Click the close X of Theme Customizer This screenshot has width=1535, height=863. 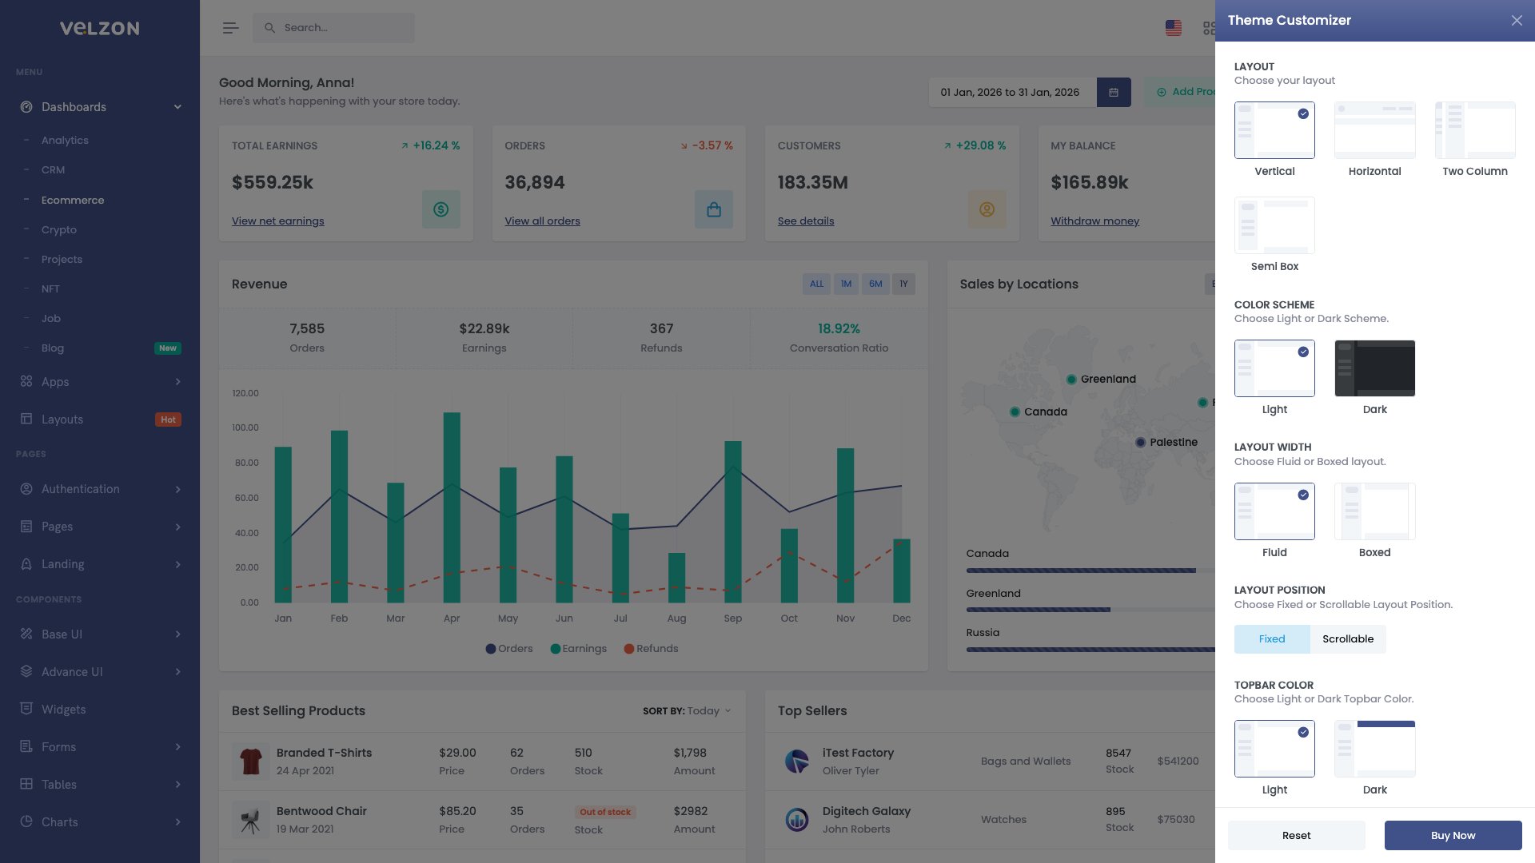pyautogui.click(x=1517, y=21)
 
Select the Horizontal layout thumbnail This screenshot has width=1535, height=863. pyautogui.click(x=1374, y=130)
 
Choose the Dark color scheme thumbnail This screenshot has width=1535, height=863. pyautogui.click(x=1374, y=368)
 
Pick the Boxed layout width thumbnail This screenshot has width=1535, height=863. pyautogui.click(x=1374, y=511)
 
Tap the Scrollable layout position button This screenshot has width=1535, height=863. pyautogui.click(x=1347, y=639)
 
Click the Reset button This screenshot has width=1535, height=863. pyautogui.click(x=1296, y=835)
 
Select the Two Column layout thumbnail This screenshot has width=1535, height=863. pyautogui.click(x=1474, y=130)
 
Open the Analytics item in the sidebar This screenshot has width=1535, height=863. pyautogui.click(x=65, y=141)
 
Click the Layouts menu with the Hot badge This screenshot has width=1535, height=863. pyautogui.click(x=62, y=420)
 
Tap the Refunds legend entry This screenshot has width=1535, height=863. pyautogui.click(x=651, y=649)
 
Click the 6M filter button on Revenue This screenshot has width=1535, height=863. pyautogui.click(x=875, y=284)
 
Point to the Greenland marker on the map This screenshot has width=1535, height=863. pyautogui.click(x=1071, y=380)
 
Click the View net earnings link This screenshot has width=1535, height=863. pyautogui.click(x=277, y=221)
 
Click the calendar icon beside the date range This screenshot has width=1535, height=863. pyautogui.click(x=1113, y=93)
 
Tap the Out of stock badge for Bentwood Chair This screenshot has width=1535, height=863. pyautogui.click(x=605, y=812)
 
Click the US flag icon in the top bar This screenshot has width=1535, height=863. pyautogui.click(x=1173, y=28)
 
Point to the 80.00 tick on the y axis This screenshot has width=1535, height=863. pyautogui.click(x=246, y=463)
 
